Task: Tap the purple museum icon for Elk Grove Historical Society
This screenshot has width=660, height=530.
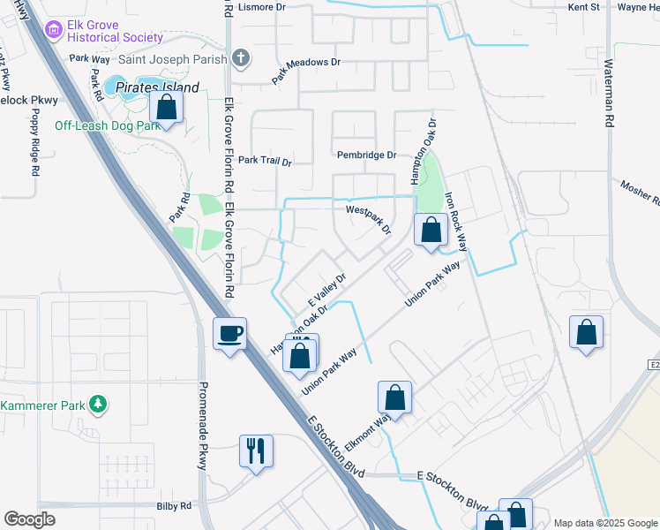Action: pyautogui.click(x=55, y=30)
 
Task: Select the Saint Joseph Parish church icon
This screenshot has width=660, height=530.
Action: pyautogui.click(x=242, y=59)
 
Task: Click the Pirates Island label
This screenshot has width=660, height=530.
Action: pyautogui.click(x=164, y=87)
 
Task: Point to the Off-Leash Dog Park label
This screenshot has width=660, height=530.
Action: pyautogui.click(x=108, y=125)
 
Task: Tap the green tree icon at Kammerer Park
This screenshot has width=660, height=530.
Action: pyautogui.click(x=99, y=405)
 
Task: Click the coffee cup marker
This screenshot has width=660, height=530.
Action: pyautogui.click(x=230, y=334)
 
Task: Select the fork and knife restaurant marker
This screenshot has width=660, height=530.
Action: pyautogui.click(x=257, y=451)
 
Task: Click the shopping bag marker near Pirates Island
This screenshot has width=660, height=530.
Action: pyautogui.click(x=166, y=109)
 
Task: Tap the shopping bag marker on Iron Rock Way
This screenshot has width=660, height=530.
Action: pyautogui.click(x=431, y=231)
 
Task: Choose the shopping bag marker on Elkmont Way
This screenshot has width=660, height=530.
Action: pyautogui.click(x=395, y=398)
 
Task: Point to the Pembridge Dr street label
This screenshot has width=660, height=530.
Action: pyautogui.click(x=367, y=155)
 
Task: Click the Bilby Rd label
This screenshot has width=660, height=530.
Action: pyautogui.click(x=174, y=506)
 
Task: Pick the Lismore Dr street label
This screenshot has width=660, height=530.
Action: pyautogui.click(x=262, y=6)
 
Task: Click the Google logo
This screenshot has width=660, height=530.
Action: pyautogui.click(x=30, y=519)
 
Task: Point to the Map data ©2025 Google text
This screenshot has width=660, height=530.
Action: pyautogui.click(x=605, y=523)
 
